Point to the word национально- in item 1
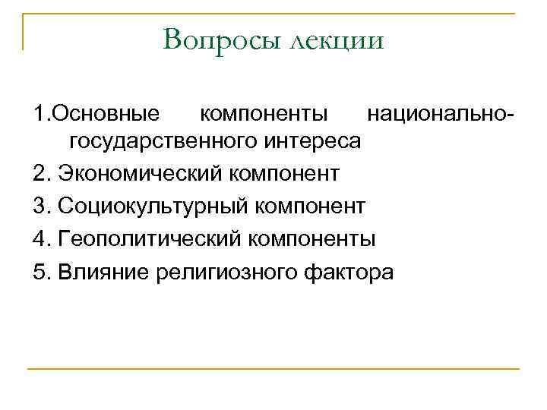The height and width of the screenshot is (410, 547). coord(441,115)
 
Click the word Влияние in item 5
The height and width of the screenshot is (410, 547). coord(103,272)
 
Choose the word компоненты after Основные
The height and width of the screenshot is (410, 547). coord(264,115)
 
